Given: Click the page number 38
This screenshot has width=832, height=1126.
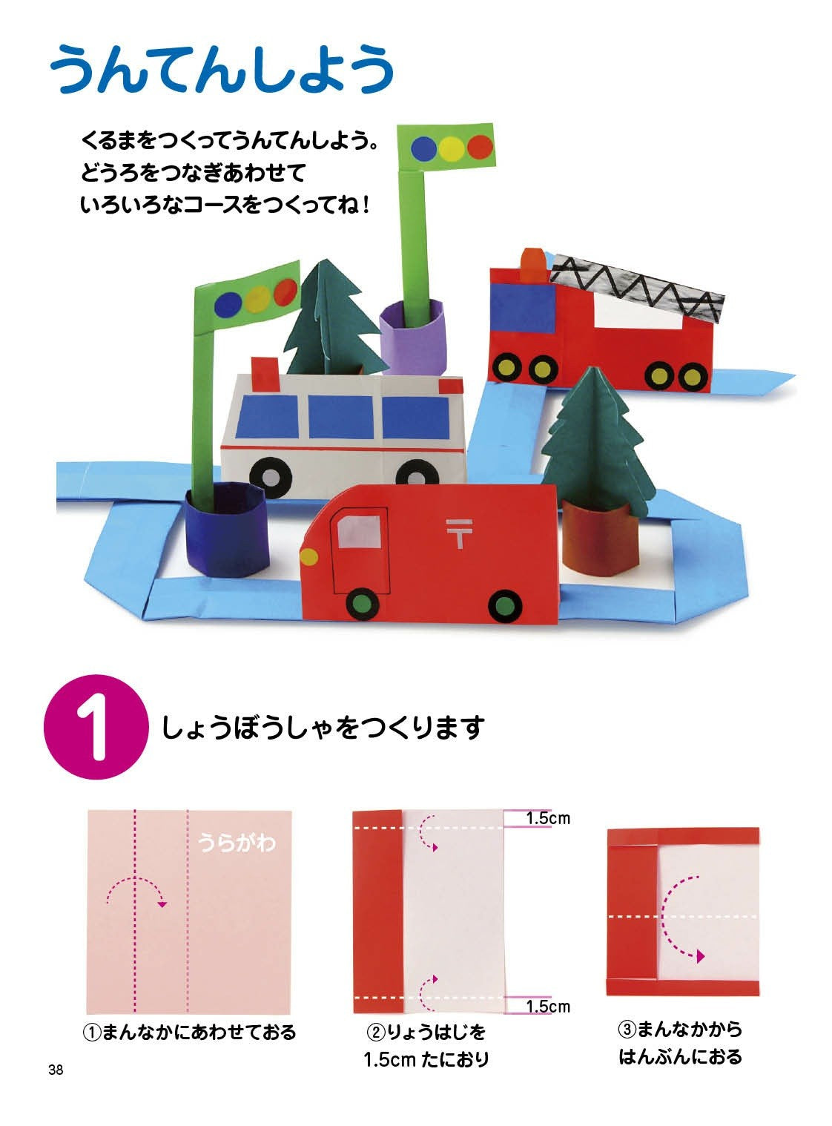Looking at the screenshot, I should (55, 1070).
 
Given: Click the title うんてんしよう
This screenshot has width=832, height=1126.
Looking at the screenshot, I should (221, 68).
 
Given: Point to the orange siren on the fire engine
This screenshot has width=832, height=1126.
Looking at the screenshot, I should (532, 264).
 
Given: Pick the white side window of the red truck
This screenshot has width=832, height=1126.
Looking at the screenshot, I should (360, 533).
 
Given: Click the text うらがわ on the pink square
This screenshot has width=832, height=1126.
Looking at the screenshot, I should (237, 843).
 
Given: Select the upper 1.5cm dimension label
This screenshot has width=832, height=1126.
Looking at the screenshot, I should (548, 818).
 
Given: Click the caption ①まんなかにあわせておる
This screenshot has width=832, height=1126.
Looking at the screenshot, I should (189, 1031).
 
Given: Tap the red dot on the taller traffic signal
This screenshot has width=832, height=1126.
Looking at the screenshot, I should (481, 147).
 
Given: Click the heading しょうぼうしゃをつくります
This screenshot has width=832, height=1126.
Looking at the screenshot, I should (323, 728).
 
